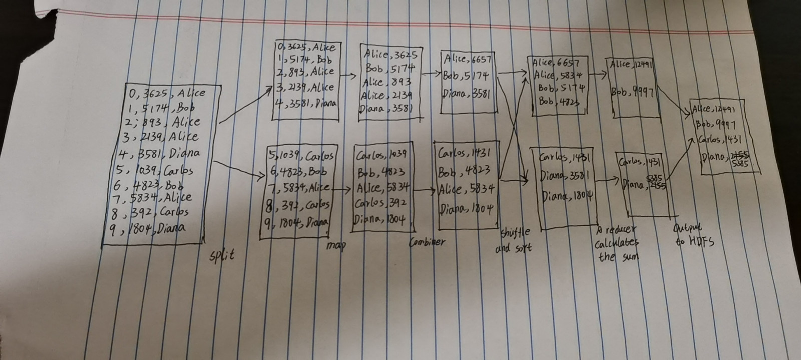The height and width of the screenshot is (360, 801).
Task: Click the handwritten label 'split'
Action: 221,256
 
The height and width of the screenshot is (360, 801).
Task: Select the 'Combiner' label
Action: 427,243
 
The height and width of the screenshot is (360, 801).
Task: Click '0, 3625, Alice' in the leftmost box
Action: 167,93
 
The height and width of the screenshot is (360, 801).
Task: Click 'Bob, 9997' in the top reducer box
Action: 633,94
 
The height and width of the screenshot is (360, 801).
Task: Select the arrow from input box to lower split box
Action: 238,169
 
